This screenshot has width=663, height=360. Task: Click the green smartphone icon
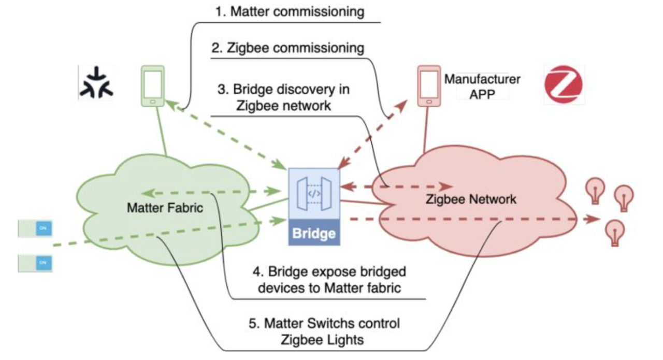click(x=153, y=85)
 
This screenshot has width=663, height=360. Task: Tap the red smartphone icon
click(x=428, y=86)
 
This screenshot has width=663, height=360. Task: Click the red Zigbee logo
click(x=564, y=85)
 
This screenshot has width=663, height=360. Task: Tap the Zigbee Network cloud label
click(x=470, y=198)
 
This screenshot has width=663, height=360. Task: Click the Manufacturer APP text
click(x=482, y=87)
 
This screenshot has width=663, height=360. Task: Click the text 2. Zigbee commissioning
click(x=287, y=48)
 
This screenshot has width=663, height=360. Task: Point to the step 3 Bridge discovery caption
click(x=283, y=97)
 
